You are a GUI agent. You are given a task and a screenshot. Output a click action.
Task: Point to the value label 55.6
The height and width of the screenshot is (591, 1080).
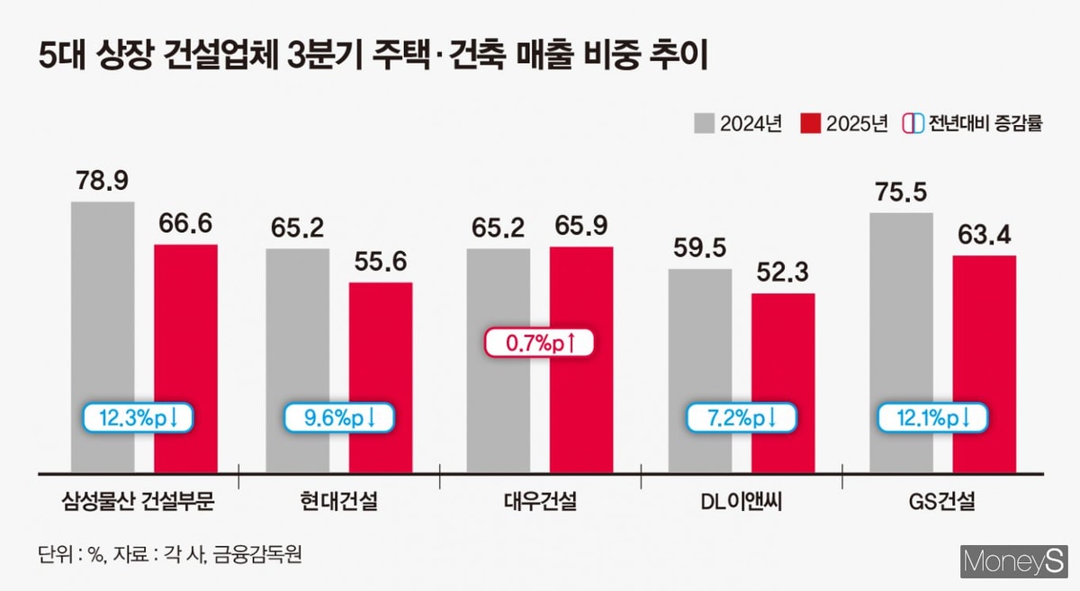381,262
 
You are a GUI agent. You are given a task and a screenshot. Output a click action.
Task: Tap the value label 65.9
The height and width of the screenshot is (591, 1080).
580,226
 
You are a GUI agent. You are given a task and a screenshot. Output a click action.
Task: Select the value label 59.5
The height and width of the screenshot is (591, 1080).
700,248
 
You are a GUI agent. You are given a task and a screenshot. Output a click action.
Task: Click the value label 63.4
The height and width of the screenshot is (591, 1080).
984,236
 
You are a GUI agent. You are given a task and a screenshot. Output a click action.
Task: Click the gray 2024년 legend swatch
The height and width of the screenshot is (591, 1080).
704,122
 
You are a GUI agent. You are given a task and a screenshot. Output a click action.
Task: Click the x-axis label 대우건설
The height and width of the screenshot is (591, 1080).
540,502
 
